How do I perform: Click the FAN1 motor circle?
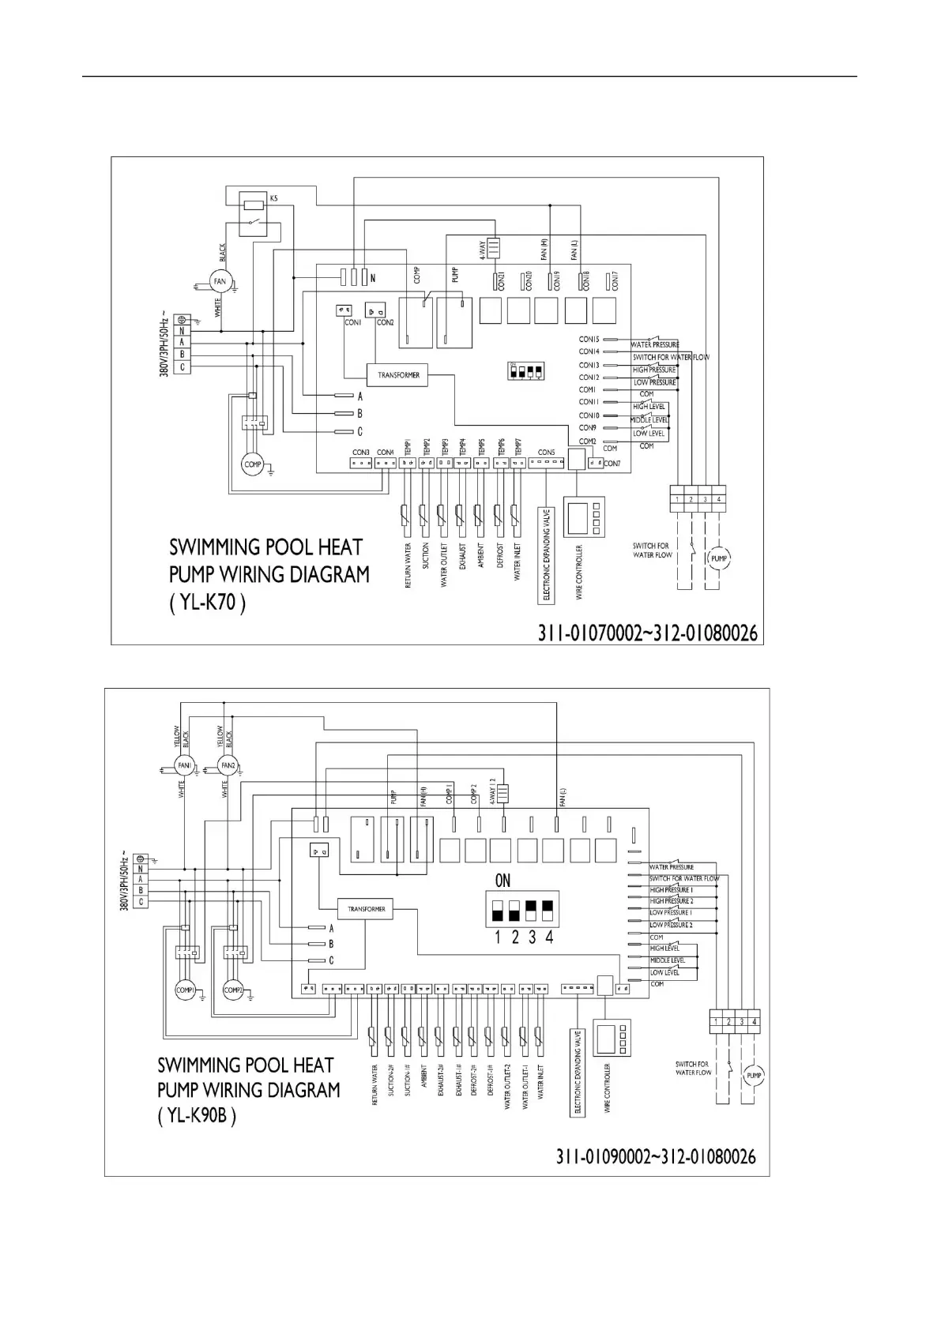(x=184, y=766)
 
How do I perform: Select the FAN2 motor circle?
(x=228, y=766)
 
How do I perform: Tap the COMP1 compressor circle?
(x=185, y=990)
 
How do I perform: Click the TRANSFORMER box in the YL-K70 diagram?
(x=398, y=375)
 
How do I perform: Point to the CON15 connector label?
(x=589, y=340)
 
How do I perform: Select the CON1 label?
(x=352, y=322)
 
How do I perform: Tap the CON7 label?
(x=612, y=464)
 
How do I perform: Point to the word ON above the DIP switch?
(x=502, y=880)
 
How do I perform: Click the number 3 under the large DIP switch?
(x=532, y=937)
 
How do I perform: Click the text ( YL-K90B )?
(x=197, y=1116)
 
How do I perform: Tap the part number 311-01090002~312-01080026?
(x=656, y=1157)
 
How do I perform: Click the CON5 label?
(x=546, y=453)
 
